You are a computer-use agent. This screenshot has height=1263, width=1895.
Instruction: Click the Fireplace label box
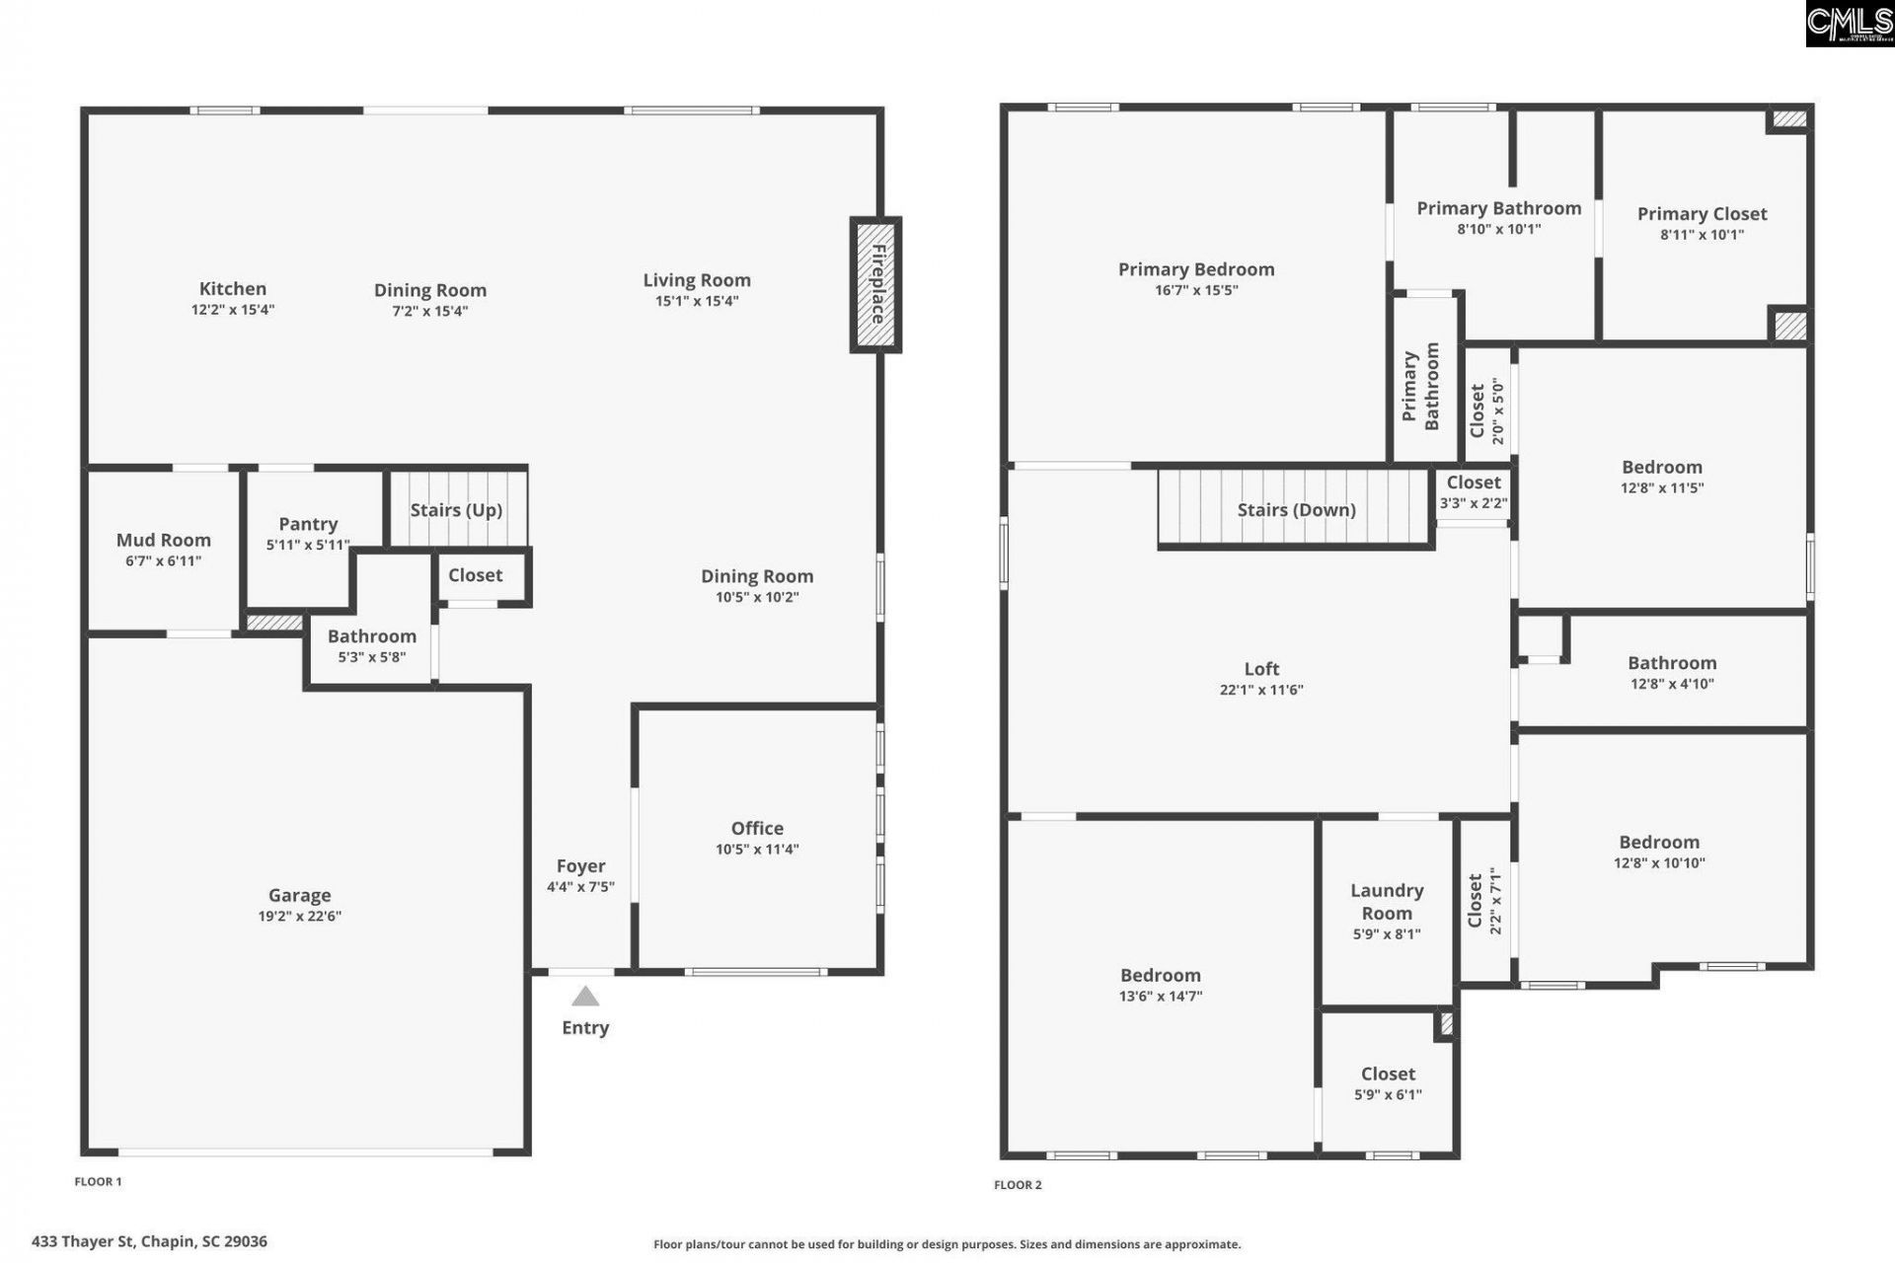875,285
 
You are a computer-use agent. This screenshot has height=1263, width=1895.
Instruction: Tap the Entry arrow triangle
585,997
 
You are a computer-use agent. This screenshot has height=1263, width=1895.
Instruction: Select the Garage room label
300,895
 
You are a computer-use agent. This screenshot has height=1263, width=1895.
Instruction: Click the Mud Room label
164,540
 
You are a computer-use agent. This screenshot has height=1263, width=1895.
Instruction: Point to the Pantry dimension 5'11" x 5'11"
308,545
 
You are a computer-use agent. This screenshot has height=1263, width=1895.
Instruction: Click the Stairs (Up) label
456,510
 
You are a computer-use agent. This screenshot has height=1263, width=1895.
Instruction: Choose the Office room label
757,828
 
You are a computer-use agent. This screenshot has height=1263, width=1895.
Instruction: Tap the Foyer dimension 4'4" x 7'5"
580,887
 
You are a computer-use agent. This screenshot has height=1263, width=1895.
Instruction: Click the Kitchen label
233,288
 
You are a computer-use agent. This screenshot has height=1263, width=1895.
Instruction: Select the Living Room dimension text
697,301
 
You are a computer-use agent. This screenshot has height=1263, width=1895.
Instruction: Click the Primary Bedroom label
1196,269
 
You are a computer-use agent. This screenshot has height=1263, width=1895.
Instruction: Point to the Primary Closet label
1703,214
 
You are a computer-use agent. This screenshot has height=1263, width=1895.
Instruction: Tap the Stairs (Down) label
1297,510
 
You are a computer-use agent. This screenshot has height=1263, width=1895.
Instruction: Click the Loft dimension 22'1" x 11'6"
1261,690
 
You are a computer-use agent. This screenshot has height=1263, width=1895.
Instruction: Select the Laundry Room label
1387,902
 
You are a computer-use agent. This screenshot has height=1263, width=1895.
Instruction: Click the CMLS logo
1850,24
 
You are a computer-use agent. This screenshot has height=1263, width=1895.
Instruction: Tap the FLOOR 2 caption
1018,1185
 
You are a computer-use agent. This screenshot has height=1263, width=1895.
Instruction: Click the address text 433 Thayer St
83,1241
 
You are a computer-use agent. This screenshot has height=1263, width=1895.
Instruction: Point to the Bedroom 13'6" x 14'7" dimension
1161,997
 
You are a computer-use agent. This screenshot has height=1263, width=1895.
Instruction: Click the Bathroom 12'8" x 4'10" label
1672,663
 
